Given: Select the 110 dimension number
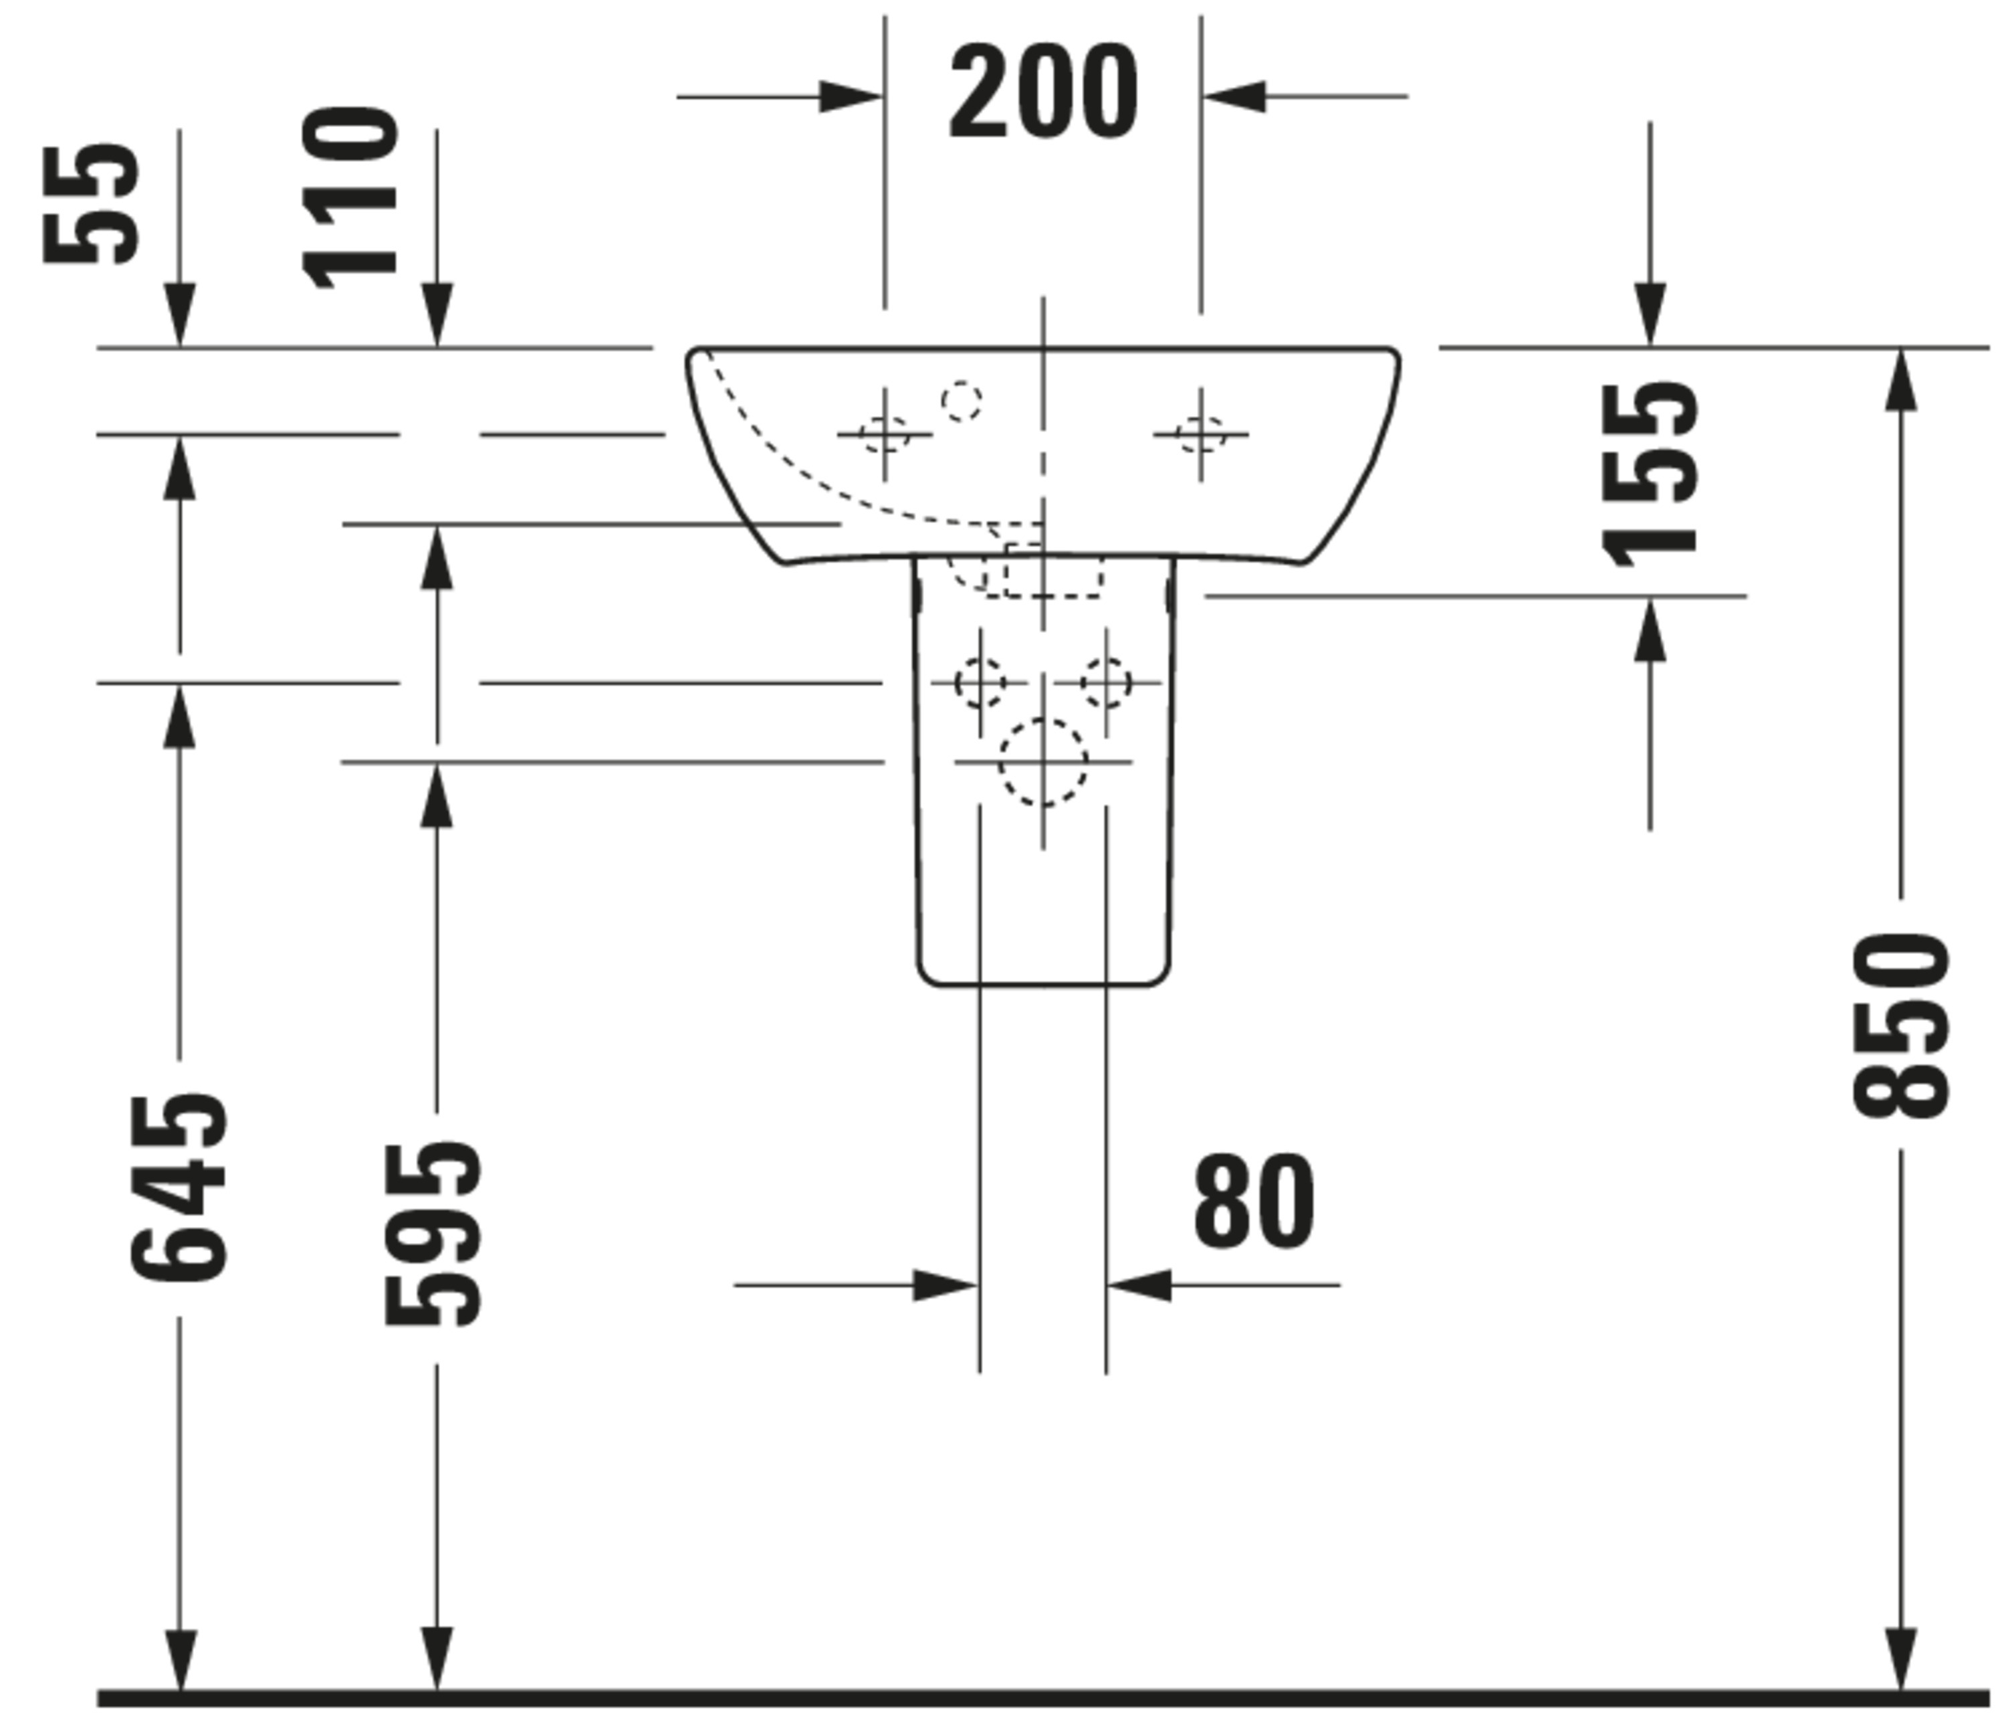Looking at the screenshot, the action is tap(350, 199).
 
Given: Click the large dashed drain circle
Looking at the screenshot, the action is tap(1042, 762).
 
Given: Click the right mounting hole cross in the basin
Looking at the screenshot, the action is tap(1200, 434).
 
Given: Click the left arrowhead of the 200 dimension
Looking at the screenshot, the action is tap(851, 97).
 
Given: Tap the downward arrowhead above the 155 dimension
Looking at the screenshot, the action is tap(1650, 314).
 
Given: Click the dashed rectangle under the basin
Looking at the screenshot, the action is tap(1053, 571).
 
